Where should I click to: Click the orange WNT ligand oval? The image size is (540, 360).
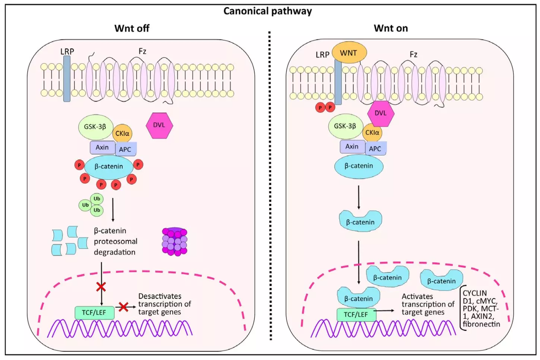pyautogui.click(x=349, y=53)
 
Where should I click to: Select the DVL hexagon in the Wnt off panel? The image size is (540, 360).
pyautogui.click(x=159, y=125)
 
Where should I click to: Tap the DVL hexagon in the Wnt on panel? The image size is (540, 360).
pyautogui.click(x=380, y=113)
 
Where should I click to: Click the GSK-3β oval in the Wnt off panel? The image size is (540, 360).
pyautogui.click(x=95, y=127)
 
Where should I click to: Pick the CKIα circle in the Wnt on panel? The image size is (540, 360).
pyautogui.click(x=372, y=133)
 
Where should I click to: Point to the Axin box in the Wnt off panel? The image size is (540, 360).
pyautogui.click(x=102, y=148)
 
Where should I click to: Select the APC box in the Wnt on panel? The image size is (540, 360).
pyautogui.click(x=375, y=149)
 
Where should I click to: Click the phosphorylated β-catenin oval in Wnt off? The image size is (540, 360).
pyautogui.click(x=109, y=167)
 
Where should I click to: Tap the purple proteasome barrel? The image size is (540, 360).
pyautogui.click(x=174, y=241)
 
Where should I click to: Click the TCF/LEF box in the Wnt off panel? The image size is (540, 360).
pyautogui.click(x=94, y=312)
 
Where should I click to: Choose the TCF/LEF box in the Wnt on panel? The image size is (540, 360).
pyautogui.click(x=356, y=315)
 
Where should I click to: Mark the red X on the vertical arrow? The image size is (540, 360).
pyautogui.click(x=101, y=287)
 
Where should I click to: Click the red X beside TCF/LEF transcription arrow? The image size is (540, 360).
pyautogui.click(x=123, y=307)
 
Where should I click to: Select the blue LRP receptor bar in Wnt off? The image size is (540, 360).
pyautogui.click(x=67, y=79)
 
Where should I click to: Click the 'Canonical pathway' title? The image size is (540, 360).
pyautogui.click(x=267, y=11)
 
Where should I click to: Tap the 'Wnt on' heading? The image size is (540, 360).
pyautogui.click(x=391, y=28)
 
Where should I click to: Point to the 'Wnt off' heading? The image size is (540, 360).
pyautogui.click(x=132, y=28)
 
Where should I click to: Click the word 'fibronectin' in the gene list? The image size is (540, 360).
pyautogui.click(x=481, y=324)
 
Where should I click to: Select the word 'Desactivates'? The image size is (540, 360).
pyautogui.click(x=160, y=296)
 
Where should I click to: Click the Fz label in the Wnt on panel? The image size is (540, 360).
pyautogui.click(x=413, y=54)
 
